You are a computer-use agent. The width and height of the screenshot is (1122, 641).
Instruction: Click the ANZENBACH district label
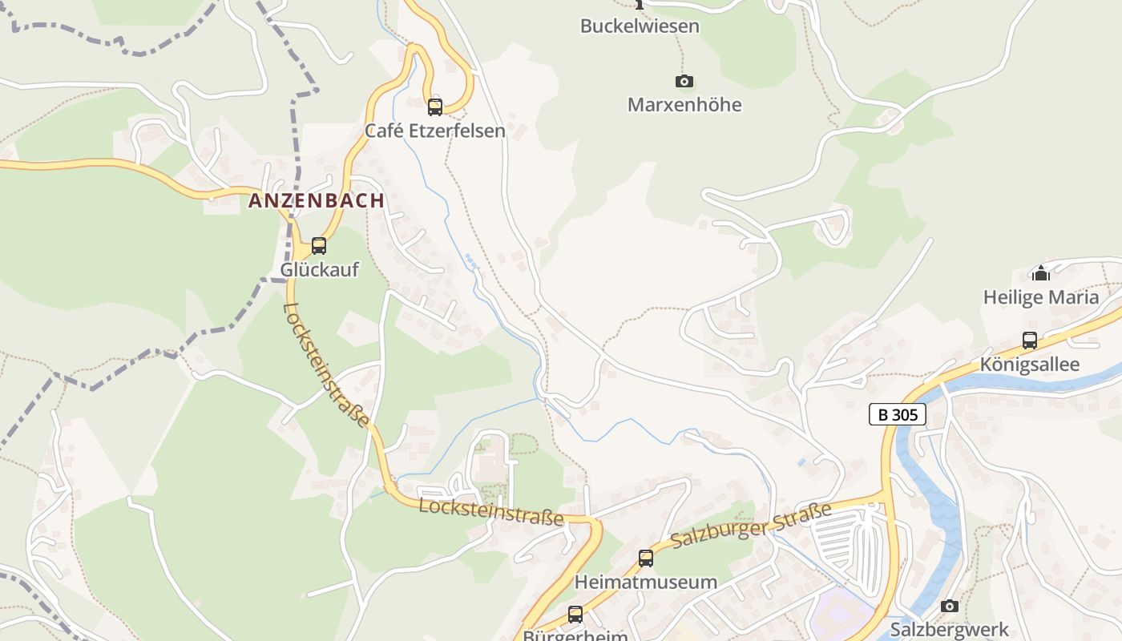click(317, 200)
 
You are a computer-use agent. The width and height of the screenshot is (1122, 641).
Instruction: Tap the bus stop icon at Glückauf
click(319, 246)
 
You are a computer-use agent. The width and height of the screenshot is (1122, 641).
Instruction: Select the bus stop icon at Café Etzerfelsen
click(435, 107)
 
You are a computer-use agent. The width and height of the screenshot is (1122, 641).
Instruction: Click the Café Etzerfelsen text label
click(435, 131)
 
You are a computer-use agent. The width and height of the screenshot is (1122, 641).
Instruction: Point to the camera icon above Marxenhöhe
click(684, 81)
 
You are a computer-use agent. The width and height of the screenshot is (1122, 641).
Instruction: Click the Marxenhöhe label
click(684, 105)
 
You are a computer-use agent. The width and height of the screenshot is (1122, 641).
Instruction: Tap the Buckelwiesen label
click(640, 26)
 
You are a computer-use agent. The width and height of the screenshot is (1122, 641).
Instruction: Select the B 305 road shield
click(898, 414)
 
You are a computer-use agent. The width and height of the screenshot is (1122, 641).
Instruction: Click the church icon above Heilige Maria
click(1041, 273)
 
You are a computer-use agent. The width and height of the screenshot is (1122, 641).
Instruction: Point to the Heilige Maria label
click(1041, 297)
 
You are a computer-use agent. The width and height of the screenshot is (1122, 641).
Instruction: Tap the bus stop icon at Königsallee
click(1030, 341)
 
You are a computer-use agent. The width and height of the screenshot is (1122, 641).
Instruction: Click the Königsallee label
click(1030, 365)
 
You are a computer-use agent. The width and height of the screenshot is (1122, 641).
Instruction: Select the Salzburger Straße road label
click(751, 526)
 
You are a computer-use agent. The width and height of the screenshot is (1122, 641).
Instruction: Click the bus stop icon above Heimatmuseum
click(646, 558)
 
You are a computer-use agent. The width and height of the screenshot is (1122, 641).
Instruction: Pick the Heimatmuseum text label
click(646, 583)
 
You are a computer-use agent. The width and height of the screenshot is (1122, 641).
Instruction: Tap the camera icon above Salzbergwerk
click(950, 606)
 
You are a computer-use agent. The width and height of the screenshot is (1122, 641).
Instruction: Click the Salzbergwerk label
click(950, 629)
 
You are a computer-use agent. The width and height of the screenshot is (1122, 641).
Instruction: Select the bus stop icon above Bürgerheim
click(575, 615)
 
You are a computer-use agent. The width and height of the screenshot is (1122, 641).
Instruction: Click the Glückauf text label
click(319, 270)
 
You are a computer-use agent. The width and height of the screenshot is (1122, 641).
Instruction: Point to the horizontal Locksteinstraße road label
click(491, 512)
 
